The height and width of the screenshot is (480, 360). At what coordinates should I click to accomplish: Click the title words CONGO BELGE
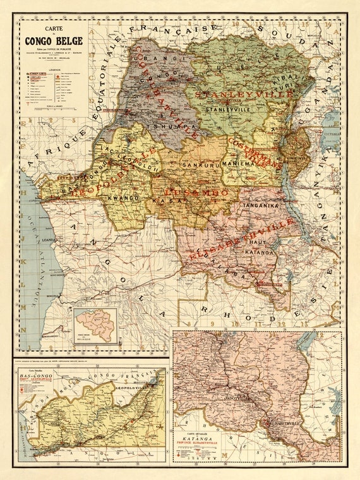click(48, 42)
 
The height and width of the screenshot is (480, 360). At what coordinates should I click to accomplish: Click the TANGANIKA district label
click(257, 204)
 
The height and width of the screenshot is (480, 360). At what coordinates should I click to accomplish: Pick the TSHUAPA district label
click(159, 126)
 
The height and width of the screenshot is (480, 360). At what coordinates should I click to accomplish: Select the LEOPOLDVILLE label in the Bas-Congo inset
click(135, 390)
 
